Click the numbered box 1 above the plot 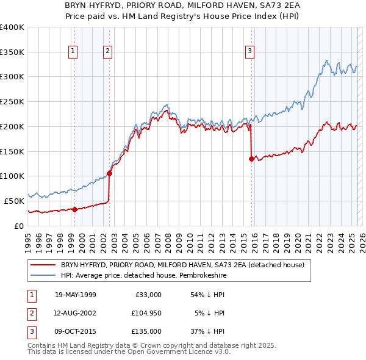coord(73,52)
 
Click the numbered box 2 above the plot coord(107,52)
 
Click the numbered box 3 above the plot coord(250,52)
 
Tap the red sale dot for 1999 coord(74,209)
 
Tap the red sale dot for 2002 coord(109,173)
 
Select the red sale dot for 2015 coord(251,159)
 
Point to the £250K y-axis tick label coord(12,102)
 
